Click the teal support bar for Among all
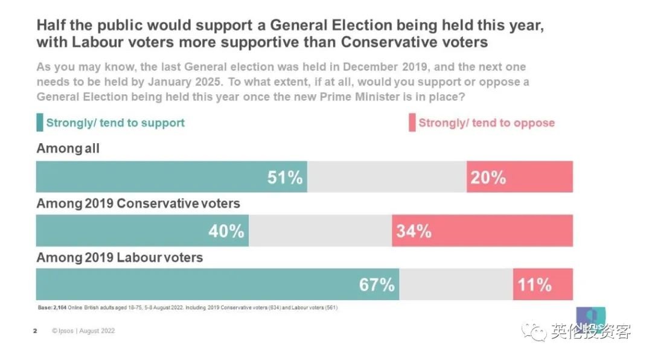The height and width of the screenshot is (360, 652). [x=171, y=177]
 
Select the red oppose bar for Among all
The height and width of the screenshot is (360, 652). [x=519, y=177]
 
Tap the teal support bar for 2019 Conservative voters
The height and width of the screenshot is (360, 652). [x=142, y=231]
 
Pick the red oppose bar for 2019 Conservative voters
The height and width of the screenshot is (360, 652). [x=482, y=231]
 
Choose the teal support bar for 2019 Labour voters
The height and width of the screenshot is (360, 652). [x=217, y=284]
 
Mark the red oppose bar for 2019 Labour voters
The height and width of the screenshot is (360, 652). [x=543, y=284]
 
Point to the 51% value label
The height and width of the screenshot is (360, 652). [x=285, y=178]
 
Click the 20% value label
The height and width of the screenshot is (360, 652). [x=488, y=178]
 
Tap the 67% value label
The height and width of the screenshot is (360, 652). [x=377, y=284]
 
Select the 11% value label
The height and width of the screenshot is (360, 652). [x=534, y=284]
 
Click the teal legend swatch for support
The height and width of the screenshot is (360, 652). [x=40, y=123]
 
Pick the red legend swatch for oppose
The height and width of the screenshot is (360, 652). [x=412, y=123]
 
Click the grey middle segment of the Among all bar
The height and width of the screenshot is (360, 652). [x=386, y=177]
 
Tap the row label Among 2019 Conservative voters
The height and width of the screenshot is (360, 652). [x=138, y=204]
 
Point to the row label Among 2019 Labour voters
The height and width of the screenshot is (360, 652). [x=120, y=258]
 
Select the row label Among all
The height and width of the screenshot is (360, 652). [x=68, y=149]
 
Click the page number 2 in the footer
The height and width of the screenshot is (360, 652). [x=35, y=331]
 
